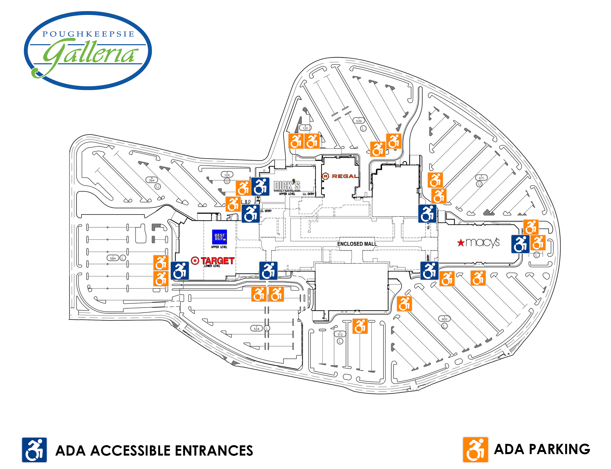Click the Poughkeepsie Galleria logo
point(88,50)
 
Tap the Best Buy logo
point(219,237)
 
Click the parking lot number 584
point(113,258)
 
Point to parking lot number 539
point(359,121)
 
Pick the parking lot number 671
point(481,178)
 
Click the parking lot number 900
point(444,319)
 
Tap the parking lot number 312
point(340,334)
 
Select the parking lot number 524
point(256,329)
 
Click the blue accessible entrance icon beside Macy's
point(520,244)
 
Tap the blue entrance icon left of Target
point(180,270)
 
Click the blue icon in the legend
point(34,450)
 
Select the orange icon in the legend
point(475,449)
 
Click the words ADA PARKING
point(542,449)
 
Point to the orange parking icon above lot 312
point(360,326)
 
